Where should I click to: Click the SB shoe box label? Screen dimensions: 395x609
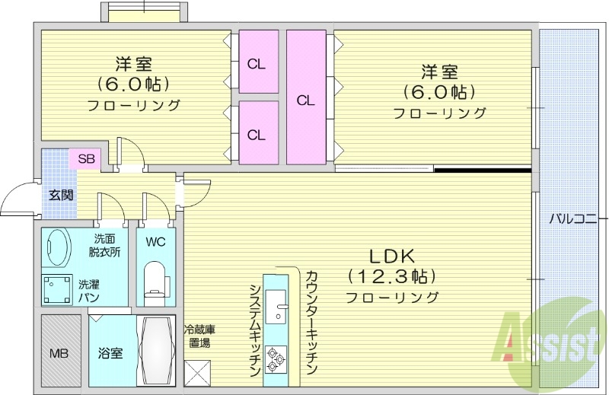pos(85,159)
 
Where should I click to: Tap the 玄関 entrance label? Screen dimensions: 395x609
pos(62,194)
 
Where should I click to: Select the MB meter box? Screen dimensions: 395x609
pos(59,353)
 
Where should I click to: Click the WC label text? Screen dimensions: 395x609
pos(155,243)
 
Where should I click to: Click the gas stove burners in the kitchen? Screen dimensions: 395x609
pos(275,356)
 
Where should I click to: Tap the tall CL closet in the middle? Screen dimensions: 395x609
pos(306,100)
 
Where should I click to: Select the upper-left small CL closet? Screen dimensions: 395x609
pos(257,64)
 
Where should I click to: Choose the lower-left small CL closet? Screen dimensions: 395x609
pos(257,135)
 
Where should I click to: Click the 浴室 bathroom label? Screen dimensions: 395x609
pos(110,353)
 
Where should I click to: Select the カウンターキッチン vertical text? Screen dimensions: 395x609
pos(311,321)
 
